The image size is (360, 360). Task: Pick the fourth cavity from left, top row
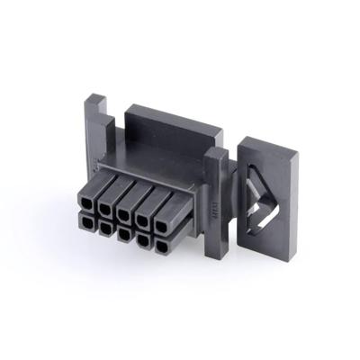(142, 203)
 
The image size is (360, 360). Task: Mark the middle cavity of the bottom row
(122, 229)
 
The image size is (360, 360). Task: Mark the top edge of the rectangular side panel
(270, 135)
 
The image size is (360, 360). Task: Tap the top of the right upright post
(216, 150)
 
